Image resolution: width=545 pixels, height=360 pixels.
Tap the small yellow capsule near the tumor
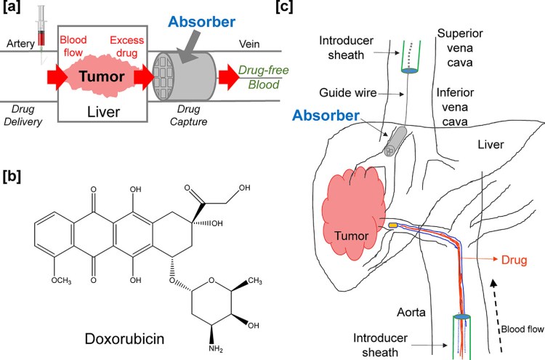(x=393, y=225)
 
